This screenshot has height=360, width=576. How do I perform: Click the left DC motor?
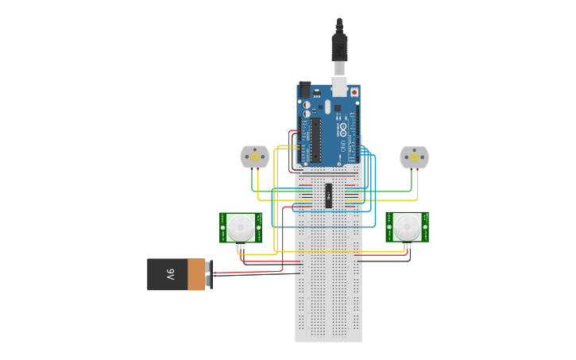point(254,157)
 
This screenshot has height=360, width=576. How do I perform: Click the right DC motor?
point(414,157)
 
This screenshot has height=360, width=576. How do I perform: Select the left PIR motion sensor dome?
point(241,226)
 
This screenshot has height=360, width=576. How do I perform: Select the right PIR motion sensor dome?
point(408,226)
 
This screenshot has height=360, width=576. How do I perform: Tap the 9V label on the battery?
point(169,274)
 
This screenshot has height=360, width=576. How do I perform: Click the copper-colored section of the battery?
point(195,274)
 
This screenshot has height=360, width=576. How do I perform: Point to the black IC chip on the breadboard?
point(328,195)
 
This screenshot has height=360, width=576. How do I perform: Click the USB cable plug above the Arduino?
point(339,48)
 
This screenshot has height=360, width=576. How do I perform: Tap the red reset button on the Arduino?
point(354,92)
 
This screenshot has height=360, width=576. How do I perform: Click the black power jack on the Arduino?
point(304,90)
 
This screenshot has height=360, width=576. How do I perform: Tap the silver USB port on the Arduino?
point(339,85)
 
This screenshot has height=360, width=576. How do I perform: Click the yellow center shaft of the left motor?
point(254,157)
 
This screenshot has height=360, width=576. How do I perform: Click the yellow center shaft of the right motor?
point(414,157)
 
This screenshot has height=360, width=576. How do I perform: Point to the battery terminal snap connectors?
point(209,274)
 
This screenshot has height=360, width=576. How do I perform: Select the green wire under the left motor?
point(253,183)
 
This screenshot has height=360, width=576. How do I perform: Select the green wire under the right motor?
point(412,183)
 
